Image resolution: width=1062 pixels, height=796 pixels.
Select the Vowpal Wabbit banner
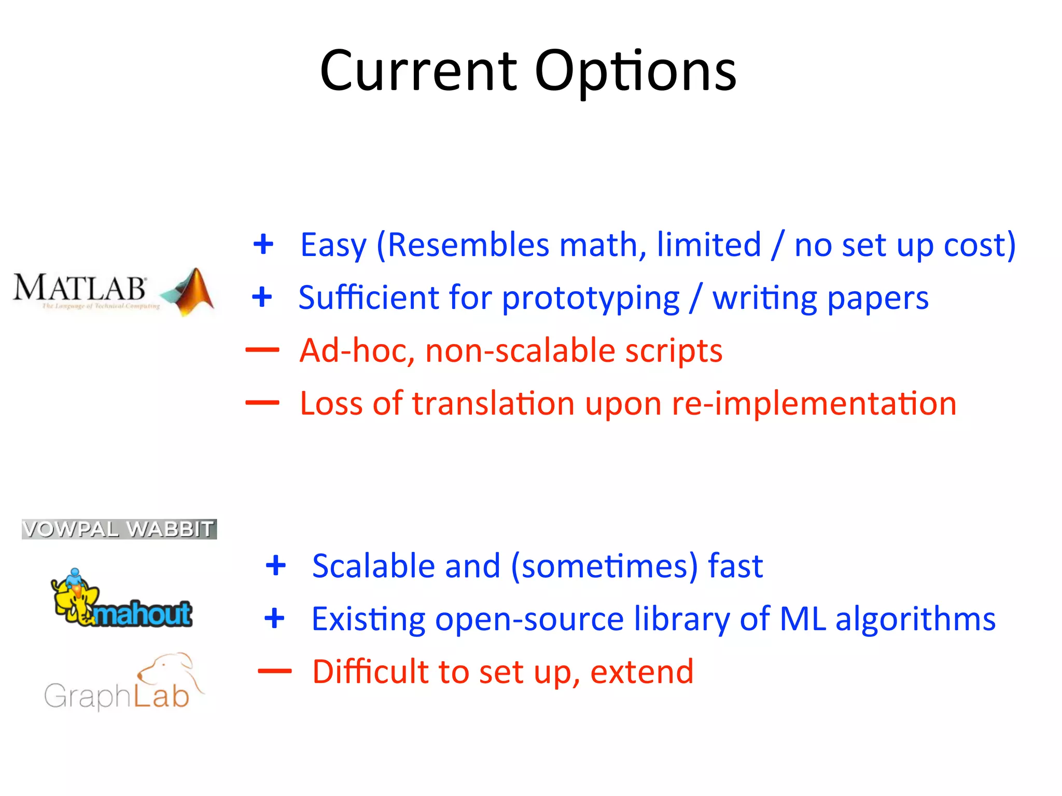point(119,529)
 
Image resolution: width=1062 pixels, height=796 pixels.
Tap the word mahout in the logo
point(143,614)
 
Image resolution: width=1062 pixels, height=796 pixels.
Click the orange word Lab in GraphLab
point(161,695)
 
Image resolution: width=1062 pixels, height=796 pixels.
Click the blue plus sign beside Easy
point(263,244)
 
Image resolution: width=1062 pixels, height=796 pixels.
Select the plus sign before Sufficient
point(262,297)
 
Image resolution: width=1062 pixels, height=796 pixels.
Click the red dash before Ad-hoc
point(262,350)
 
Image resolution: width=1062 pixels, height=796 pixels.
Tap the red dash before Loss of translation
point(262,403)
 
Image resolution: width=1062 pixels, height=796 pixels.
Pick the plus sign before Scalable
point(275,565)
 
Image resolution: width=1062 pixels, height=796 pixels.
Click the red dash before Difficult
point(275,671)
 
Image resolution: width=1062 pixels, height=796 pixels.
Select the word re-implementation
point(814,404)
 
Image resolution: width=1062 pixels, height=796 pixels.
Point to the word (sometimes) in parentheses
point(605,566)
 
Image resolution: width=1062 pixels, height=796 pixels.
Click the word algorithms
point(915,619)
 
